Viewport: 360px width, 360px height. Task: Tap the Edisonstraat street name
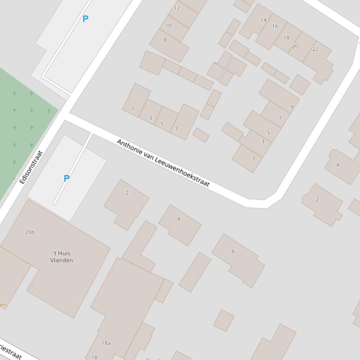[31, 167]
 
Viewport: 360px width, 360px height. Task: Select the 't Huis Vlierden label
[61, 257]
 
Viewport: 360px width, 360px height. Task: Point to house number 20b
[30, 232]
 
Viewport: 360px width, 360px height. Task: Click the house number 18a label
[106, 343]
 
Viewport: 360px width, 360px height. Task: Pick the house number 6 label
[233, 251]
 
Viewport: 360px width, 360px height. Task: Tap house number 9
[292, 107]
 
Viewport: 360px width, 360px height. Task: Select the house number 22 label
[315, 49]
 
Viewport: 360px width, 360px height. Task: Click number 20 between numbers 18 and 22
[295, 46]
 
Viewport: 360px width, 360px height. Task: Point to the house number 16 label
[275, 26]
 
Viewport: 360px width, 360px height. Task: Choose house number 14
[264, 20]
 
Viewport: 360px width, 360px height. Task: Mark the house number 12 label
[177, 8]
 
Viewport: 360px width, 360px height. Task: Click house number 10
[168, 26]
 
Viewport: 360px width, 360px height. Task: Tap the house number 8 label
[165, 40]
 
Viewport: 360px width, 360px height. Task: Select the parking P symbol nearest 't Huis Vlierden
[66, 179]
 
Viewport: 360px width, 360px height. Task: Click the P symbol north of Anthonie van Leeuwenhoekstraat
[85, 19]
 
